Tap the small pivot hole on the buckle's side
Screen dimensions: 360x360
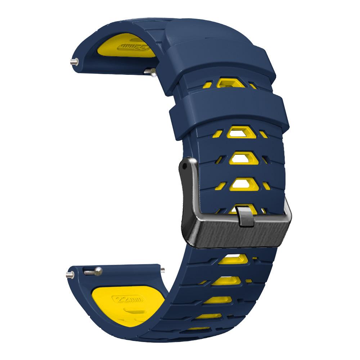pos(185,167)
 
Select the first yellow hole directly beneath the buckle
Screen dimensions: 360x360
pos(236,258)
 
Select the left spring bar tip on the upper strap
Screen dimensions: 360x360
pos(73,62)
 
